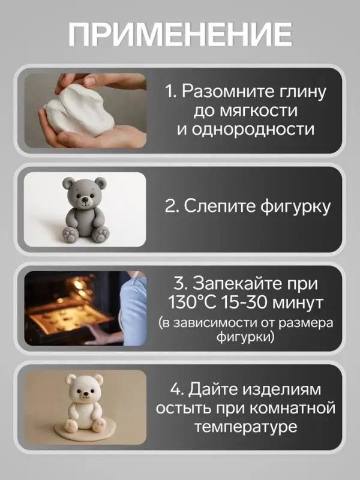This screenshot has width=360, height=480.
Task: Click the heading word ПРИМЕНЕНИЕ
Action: pyautogui.click(x=180, y=34)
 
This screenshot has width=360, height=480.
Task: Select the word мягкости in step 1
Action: pyautogui.click(x=259, y=110)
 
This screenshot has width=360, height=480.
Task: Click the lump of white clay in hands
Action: pyautogui.click(x=78, y=106)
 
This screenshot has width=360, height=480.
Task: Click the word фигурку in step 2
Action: pyautogui.click(x=295, y=206)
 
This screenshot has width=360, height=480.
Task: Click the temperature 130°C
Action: pyautogui.click(x=192, y=302)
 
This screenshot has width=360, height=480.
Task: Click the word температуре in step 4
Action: pyautogui.click(x=246, y=427)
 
